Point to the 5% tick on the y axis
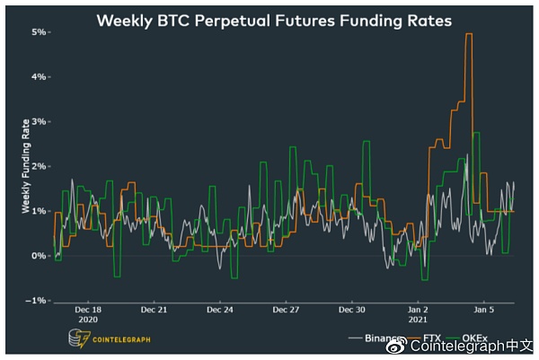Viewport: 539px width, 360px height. (39, 31)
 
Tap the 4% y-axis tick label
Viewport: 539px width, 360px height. (39, 76)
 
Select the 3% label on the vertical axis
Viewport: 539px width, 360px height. (39, 121)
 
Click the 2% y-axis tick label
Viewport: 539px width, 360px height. (39, 166)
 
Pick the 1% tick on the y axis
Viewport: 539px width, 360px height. (39, 211)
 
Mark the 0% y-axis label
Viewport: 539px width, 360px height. (39, 256)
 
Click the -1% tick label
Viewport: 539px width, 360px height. (37, 300)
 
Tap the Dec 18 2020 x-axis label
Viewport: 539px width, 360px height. (88, 313)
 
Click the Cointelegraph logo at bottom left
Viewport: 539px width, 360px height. (108, 338)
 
